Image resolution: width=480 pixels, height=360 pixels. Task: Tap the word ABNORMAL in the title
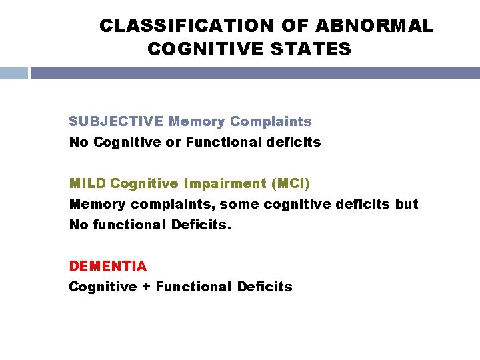[374, 26]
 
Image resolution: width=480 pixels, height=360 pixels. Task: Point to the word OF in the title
[295, 26]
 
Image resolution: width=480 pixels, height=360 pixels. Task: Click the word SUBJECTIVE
[116, 121]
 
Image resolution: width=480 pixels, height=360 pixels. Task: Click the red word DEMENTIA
[108, 265]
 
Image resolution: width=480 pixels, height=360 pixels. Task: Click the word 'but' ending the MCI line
[407, 203]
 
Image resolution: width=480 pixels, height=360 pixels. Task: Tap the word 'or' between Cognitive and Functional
[173, 142]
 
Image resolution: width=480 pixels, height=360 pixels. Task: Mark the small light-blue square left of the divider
[13, 73]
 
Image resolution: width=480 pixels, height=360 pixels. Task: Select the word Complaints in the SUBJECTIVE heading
[271, 121]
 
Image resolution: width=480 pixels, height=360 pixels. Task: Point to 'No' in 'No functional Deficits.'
[78, 225]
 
